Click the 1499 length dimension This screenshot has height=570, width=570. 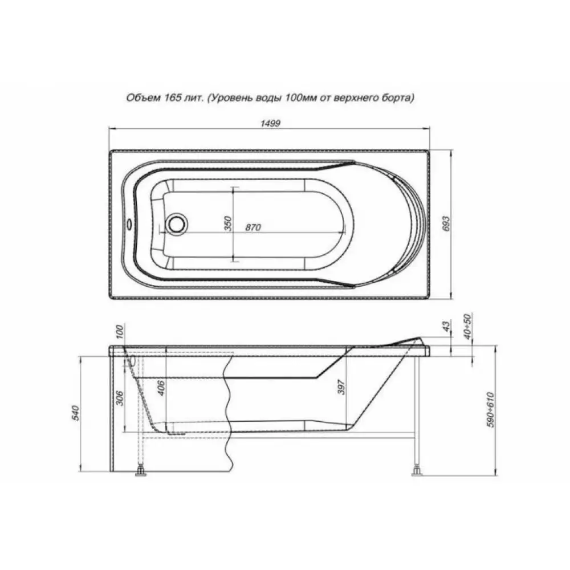pyautogui.click(x=270, y=123)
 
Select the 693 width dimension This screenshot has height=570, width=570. pyautogui.click(x=446, y=223)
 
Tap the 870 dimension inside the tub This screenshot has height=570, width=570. pyautogui.click(x=253, y=227)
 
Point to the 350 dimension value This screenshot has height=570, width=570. pyautogui.click(x=227, y=223)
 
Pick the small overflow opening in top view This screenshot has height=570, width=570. pyautogui.click(x=128, y=222)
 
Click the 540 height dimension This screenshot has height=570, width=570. pyautogui.click(x=76, y=413)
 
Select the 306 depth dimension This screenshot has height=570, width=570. pyautogui.click(x=121, y=398)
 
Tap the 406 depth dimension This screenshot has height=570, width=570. pyautogui.click(x=162, y=388)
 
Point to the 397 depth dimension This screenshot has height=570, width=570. pyautogui.click(x=341, y=387)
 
